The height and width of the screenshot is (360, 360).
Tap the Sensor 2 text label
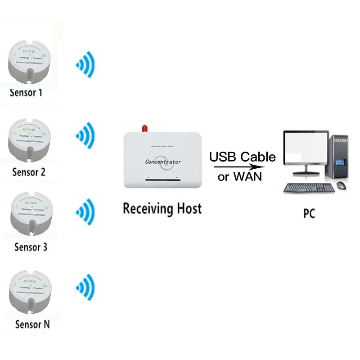click(29, 172)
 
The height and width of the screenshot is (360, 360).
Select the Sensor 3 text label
click(31, 247)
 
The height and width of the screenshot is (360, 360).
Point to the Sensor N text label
click(32, 324)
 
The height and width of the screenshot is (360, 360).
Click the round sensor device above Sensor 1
click(28, 63)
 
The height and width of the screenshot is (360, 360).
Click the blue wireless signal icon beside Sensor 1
click(85, 65)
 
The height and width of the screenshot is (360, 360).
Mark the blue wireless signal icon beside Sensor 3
click(85, 211)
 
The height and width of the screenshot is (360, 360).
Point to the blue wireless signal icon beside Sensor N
click(85, 287)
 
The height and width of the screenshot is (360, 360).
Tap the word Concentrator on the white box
click(163, 162)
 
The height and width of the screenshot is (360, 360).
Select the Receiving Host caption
click(162, 209)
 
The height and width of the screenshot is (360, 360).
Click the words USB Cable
click(242, 157)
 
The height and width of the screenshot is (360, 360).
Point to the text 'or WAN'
click(239, 176)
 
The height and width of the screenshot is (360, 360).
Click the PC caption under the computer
click(309, 213)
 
